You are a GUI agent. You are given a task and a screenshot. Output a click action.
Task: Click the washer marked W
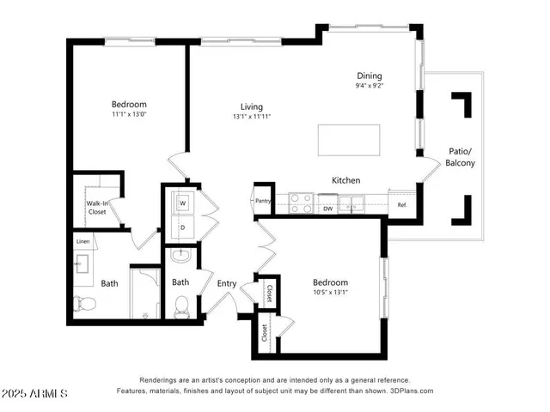click(x=182, y=203)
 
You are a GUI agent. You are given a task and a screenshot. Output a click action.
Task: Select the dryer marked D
click(x=182, y=227)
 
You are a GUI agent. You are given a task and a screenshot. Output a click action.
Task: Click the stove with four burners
click(x=301, y=203)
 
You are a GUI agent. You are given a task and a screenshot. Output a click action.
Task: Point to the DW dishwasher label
click(x=328, y=208)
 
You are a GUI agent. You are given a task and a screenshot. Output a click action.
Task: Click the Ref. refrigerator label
click(x=401, y=205)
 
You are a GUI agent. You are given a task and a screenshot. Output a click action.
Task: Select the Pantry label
click(x=264, y=201)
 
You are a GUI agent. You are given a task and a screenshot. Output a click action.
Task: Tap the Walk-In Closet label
click(x=97, y=207)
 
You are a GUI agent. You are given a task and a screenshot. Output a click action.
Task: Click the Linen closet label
click(x=82, y=241)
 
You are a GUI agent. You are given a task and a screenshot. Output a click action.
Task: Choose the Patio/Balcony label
click(x=461, y=157)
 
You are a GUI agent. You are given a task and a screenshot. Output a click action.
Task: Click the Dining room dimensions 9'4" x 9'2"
click(x=370, y=86)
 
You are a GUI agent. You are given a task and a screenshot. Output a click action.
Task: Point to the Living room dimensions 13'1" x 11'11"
click(x=251, y=117)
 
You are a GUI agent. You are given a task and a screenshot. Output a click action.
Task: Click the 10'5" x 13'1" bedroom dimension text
click(x=330, y=294)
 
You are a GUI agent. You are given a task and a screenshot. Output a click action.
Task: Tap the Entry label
click(x=227, y=283)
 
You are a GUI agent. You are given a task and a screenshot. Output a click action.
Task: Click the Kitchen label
click(x=345, y=180)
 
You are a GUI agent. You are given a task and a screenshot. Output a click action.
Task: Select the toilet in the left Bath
click(x=84, y=302)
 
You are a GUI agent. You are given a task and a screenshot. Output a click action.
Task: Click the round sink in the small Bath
click(x=180, y=256)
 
